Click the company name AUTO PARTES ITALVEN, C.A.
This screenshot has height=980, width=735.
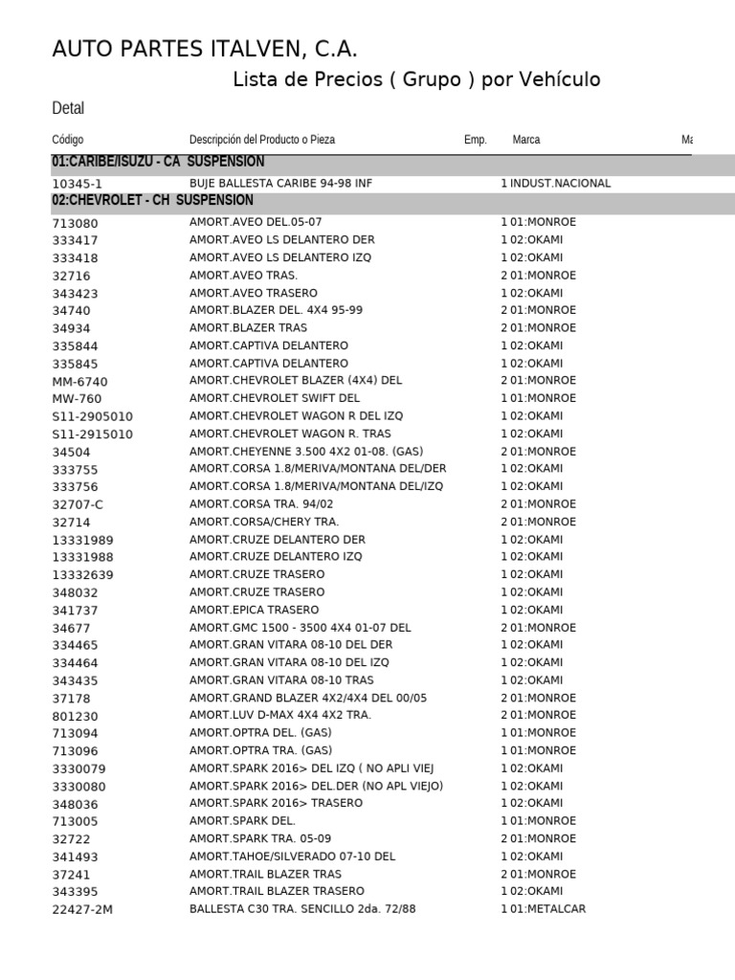pos(205,50)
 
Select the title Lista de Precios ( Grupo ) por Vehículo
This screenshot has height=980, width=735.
pos(416,79)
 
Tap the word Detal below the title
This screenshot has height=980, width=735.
pos(68,109)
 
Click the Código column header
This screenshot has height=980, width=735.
pos(68,140)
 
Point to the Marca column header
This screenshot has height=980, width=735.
pos(525,140)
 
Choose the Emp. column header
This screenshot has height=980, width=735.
pos(475,140)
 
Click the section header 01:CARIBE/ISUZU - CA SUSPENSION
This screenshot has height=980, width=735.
pos(158,163)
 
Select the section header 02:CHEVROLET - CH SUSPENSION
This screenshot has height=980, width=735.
pos(152,201)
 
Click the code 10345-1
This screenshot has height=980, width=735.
pos(77,184)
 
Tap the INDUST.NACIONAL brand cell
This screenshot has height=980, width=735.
pos(560,184)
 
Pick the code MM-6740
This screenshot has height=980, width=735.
pos(79,381)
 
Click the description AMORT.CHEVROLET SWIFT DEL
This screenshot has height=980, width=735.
pos(275,398)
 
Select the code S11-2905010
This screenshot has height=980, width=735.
pos(92,416)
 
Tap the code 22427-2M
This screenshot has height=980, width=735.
pos(82,910)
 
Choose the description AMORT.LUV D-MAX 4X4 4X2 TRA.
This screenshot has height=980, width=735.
pos(280,715)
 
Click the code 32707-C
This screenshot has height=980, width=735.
pos(77,504)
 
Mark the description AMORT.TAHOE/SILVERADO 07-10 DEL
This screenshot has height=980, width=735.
pos(292,857)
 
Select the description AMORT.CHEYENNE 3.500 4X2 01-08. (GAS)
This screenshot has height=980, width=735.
pos(306,451)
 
